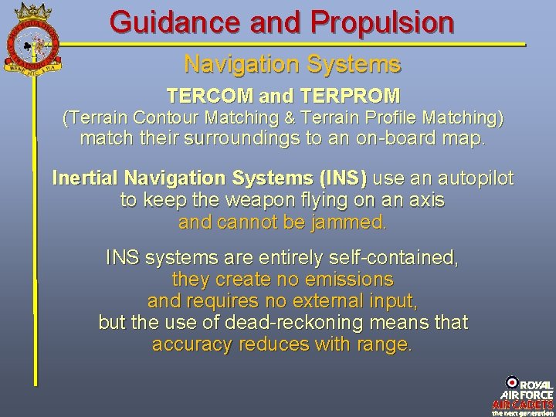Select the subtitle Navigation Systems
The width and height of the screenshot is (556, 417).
point(292,63)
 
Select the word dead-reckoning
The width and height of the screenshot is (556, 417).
point(319,323)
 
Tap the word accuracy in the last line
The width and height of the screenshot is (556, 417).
point(190,344)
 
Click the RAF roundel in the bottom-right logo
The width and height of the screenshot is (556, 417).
point(512,382)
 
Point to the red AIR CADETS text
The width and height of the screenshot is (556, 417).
point(524,404)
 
